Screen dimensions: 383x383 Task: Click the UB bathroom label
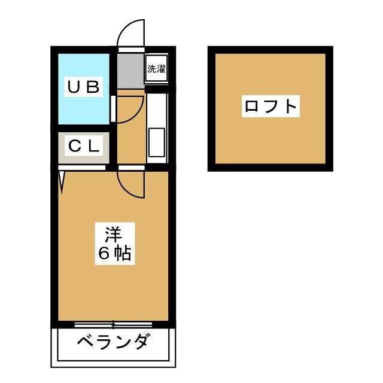pyautogui.click(x=84, y=87)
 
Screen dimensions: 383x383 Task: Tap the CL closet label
pyautogui.click(x=84, y=146)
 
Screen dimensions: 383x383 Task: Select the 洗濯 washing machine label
pyautogui.click(x=156, y=69)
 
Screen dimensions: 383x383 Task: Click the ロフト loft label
pyautogui.click(x=270, y=107)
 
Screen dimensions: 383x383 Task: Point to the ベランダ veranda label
pyautogui.click(x=113, y=341)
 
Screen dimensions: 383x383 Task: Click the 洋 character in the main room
pyautogui.click(x=114, y=235)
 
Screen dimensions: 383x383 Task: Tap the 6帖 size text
pyautogui.click(x=115, y=253)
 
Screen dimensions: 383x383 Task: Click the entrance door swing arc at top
pyautogui.click(x=131, y=33)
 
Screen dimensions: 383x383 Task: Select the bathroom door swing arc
pyautogui.click(x=130, y=109)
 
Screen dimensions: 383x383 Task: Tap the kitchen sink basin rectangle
pyautogui.click(x=157, y=142)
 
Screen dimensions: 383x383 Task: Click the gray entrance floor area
pyautogui.click(x=130, y=71)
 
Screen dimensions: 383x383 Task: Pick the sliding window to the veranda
pyautogui.click(x=113, y=324)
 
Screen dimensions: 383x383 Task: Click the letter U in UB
pyautogui.click(x=74, y=87)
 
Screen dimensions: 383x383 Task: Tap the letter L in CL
pyautogui.click(x=94, y=146)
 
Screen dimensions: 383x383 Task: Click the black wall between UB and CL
pyautogui.click(x=84, y=128)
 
